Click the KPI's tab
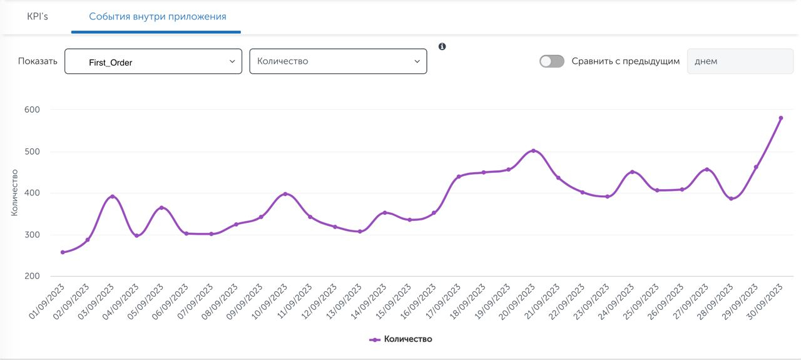click(37, 16)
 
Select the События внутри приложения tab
click(157, 16)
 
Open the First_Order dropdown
click(153, 61)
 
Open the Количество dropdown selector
click(338, 61)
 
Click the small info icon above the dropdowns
click(442, 46)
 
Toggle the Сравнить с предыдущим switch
click(552, 61)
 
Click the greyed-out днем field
click(731, 61)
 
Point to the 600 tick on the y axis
click(32, 110)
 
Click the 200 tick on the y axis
click(32, 276)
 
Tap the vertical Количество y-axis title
click(14, 193)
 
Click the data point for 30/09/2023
click(781, 118)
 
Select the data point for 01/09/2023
click(63, 252)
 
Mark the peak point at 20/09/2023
click(533, 150)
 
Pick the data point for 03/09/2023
click(113, 197)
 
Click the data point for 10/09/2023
click(285, 194)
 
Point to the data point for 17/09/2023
click(459, 177)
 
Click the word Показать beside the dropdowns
click(38, 61)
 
